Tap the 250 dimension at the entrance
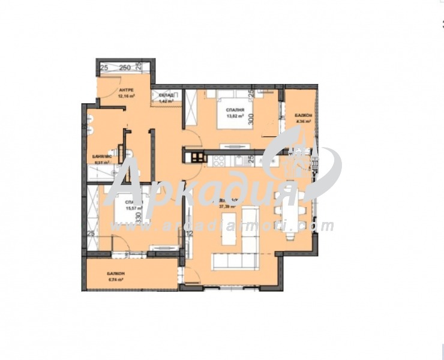coord(125,67)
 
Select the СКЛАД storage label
coord(166,95)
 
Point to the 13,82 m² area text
coord(234,116)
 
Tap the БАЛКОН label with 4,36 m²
coord(302,115)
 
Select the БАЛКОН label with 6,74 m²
coord(116,274)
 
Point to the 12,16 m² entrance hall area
coord(125,95)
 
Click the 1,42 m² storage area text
coord(166,101)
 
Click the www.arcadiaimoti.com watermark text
coord(222,226)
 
